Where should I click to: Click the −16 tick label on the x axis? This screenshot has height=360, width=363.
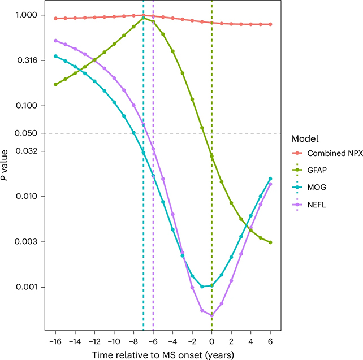(x=55, y=342)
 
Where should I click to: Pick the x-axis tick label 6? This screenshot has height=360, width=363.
(x=270, y=342)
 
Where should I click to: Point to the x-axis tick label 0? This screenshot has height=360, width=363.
(x=211, y=342)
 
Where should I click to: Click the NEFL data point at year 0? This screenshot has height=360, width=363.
(x=211, y=315)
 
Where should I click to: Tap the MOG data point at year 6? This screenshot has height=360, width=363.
(x=270, y=179)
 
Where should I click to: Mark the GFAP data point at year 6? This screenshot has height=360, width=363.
(x=270, y=242)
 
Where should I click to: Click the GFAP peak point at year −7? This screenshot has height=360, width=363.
(x=144, y=18)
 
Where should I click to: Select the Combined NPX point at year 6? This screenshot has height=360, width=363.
(x=270, y=24)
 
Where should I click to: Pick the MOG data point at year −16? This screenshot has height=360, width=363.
(x=55, y=56)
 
